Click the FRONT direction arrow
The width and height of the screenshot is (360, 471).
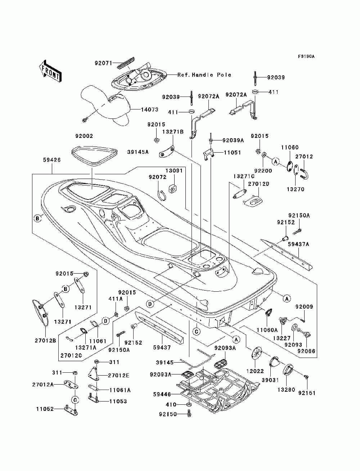50,71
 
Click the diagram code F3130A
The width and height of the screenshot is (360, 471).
306,57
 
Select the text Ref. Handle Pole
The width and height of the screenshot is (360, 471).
204,75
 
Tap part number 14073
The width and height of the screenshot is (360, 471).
149,109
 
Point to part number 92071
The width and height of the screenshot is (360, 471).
103,63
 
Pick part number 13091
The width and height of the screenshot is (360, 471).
174,171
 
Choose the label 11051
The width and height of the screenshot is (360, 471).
232,153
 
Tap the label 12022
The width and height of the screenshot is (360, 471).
255,371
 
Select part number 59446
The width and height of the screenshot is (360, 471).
162,394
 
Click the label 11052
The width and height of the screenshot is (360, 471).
45,409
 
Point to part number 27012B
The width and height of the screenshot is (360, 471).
45,341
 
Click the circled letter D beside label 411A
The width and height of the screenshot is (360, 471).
105,321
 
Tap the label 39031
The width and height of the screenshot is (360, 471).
270,380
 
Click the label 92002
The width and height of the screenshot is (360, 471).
84,136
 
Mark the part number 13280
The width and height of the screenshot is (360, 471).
287,389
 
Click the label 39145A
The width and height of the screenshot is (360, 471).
138,152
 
